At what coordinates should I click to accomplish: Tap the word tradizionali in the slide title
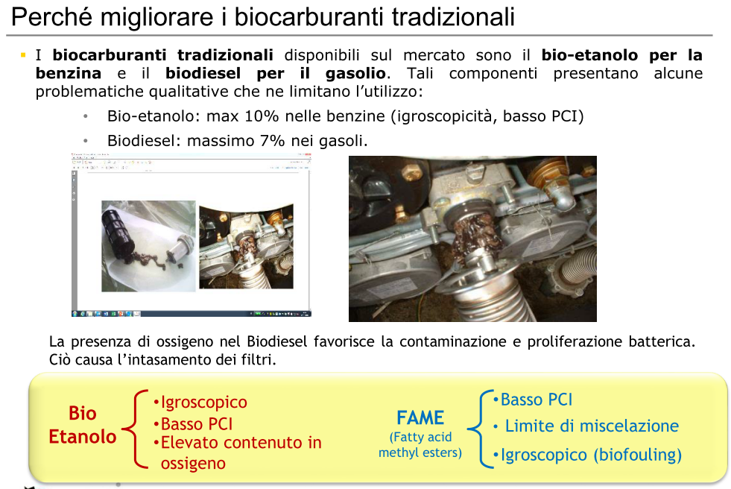coord(453,17)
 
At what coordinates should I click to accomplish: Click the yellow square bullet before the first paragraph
coord(23,55)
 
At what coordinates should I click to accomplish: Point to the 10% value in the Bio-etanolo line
coord(262,116)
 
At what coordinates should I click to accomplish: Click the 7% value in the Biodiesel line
coord(273,140)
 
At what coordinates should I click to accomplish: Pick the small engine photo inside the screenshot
coord(246,247)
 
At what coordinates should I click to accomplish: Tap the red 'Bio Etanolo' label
coord(83,425)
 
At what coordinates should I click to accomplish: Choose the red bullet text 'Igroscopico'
coord(203,403)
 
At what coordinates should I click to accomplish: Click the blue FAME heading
coord(420,417)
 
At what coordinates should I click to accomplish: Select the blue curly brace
coord(479,428)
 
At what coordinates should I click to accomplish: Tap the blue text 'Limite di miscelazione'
coord(592,426)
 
